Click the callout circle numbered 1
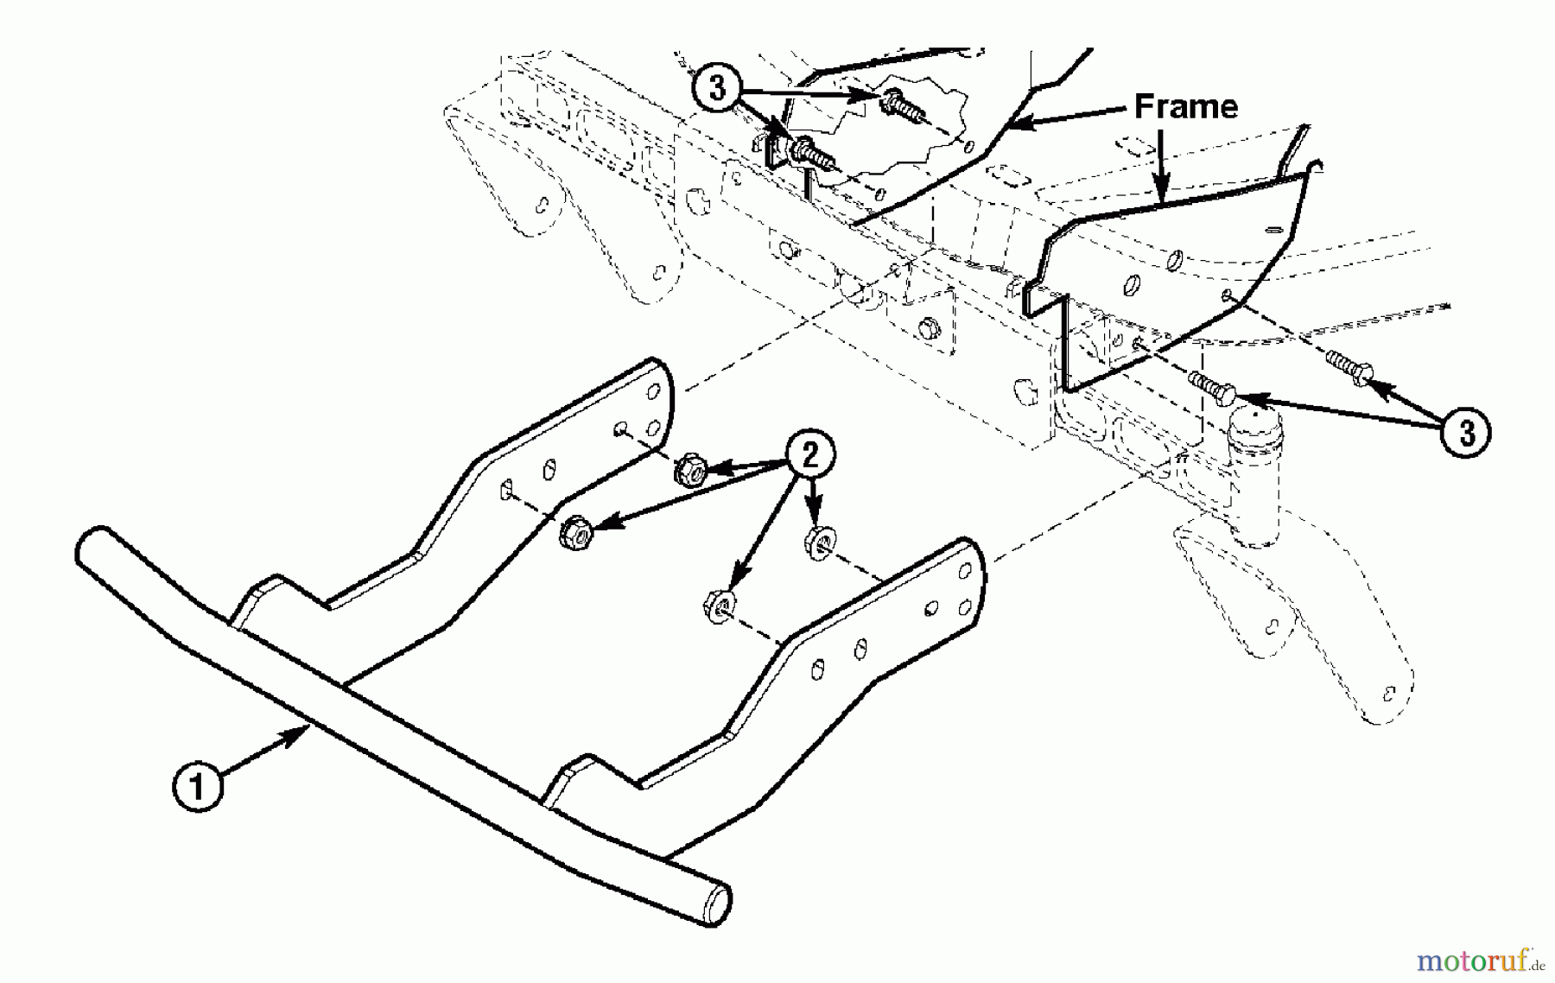pyautogui.click(x=198, y=787)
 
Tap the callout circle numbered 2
pyautogui.click(x=809, y=455)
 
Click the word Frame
pyautogui.click(x=1185, y=106)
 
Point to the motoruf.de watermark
pyautogui.click(x=1480, y=961)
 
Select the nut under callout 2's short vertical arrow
pyautogui.click(x=817, y=542)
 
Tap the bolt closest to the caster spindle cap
pyautogui.click(x=1213, y=388)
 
